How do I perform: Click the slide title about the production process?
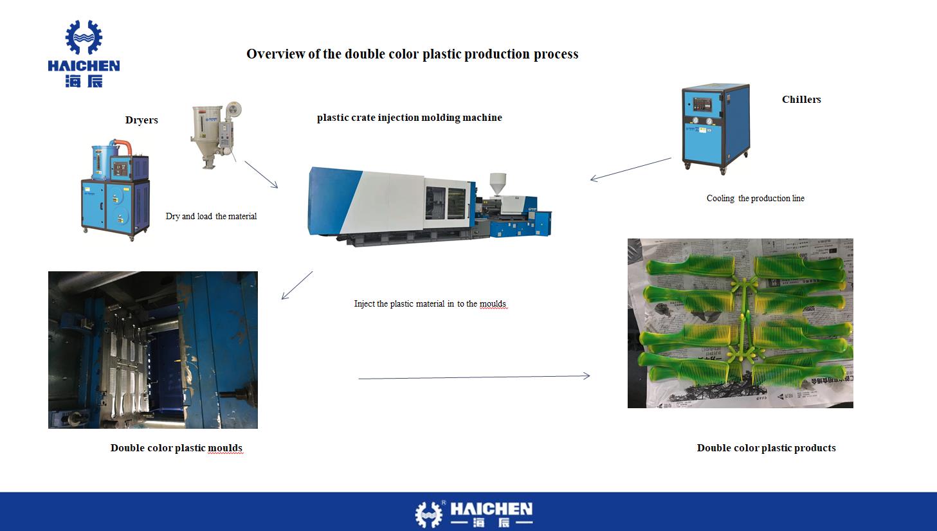click(x=412, y=54)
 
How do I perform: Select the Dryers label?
click(x=141, y=120)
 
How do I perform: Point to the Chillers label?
click(x=801, y=100)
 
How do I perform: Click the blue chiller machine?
click(x=716, y=128)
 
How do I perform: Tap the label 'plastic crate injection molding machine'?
click(x=409, y=118)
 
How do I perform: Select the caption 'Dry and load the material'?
click(x=211, y=217)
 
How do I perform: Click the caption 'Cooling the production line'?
click(x=755, y=199)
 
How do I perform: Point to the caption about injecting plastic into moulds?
click(x=430, y=304)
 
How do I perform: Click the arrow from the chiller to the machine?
click(x=630, y=169)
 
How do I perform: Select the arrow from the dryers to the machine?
click(x=261, y=174)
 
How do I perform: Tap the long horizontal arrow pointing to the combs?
click(x=474, y=377)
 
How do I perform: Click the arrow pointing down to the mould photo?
click(x=296, y=285)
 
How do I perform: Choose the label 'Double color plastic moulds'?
click(x=176, y=448)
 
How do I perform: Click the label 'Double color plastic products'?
click(x=766, y=448)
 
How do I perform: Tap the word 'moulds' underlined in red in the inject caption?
click(x=493, y=304)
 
